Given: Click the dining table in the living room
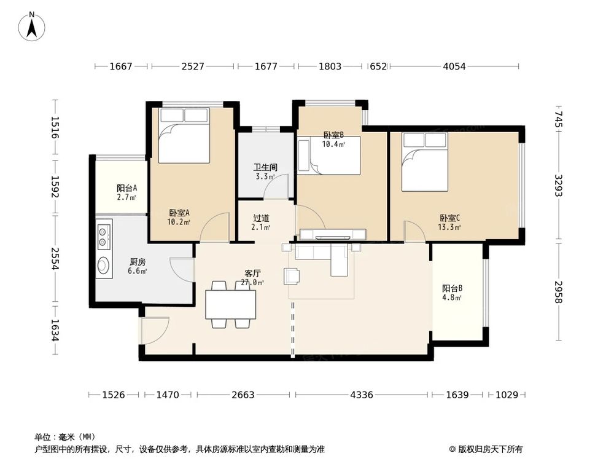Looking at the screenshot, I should [230, 304].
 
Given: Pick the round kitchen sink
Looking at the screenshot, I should [104, 266].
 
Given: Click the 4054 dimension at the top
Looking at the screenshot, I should [454, 66].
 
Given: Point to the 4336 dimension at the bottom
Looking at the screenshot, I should [362, 395].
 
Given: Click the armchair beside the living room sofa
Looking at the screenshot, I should [292, 277].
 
